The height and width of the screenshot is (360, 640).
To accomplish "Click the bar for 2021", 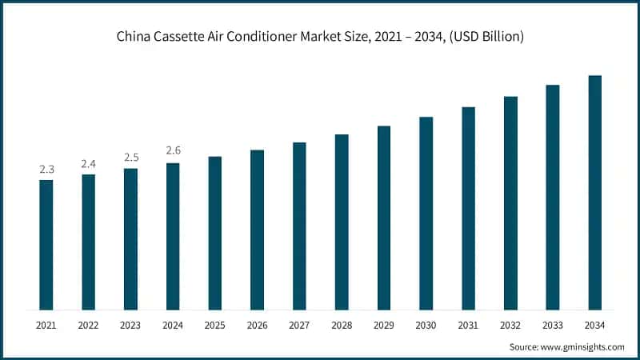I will point(46,245).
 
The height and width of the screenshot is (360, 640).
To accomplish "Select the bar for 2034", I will point(595,193).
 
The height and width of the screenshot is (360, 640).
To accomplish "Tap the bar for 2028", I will point(342,222).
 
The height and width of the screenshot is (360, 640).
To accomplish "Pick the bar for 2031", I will point(469,208).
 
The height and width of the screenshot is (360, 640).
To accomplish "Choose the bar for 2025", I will point(215,233).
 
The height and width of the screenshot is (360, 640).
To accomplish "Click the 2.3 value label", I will point(46,170).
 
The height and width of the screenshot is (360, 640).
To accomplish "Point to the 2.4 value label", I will point(89,163).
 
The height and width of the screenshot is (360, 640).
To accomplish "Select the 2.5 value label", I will point(130,158).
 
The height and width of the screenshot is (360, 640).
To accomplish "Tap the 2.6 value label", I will point(173,150).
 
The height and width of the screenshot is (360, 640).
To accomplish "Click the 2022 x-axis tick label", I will point(89,326).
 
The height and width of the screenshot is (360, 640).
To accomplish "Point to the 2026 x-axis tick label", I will point(258,326).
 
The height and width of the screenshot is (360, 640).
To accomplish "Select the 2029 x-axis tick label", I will point(384,326).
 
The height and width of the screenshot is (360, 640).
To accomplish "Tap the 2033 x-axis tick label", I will point(553,326).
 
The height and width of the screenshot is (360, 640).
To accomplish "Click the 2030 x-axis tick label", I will point(426,326).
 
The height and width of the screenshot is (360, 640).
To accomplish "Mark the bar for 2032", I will point(510,203).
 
